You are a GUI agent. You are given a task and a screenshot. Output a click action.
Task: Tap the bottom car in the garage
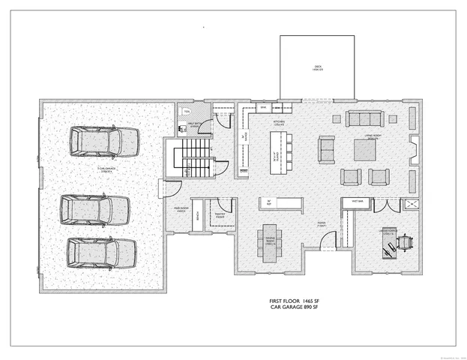[102, 253]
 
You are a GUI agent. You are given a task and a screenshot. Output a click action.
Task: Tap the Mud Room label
[181, 211]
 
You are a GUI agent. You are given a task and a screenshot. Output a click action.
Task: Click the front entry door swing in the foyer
[327, 241]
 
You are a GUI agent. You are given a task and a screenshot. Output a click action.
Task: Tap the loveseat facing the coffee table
[327, 148]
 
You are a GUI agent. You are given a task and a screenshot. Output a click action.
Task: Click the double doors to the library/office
[382, 205]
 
